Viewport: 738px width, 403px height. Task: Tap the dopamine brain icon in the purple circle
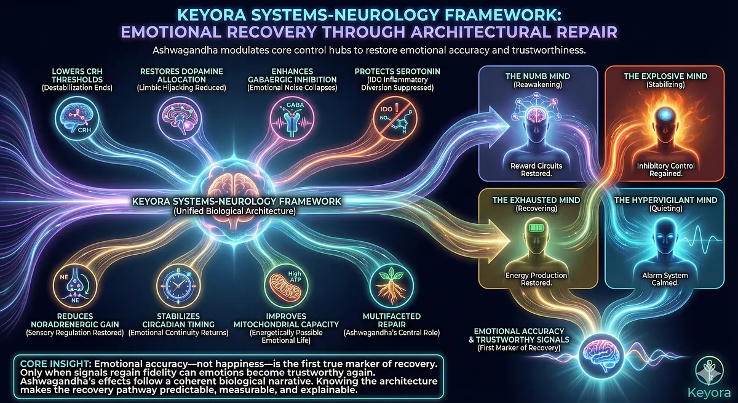click(x=179, y=118)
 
